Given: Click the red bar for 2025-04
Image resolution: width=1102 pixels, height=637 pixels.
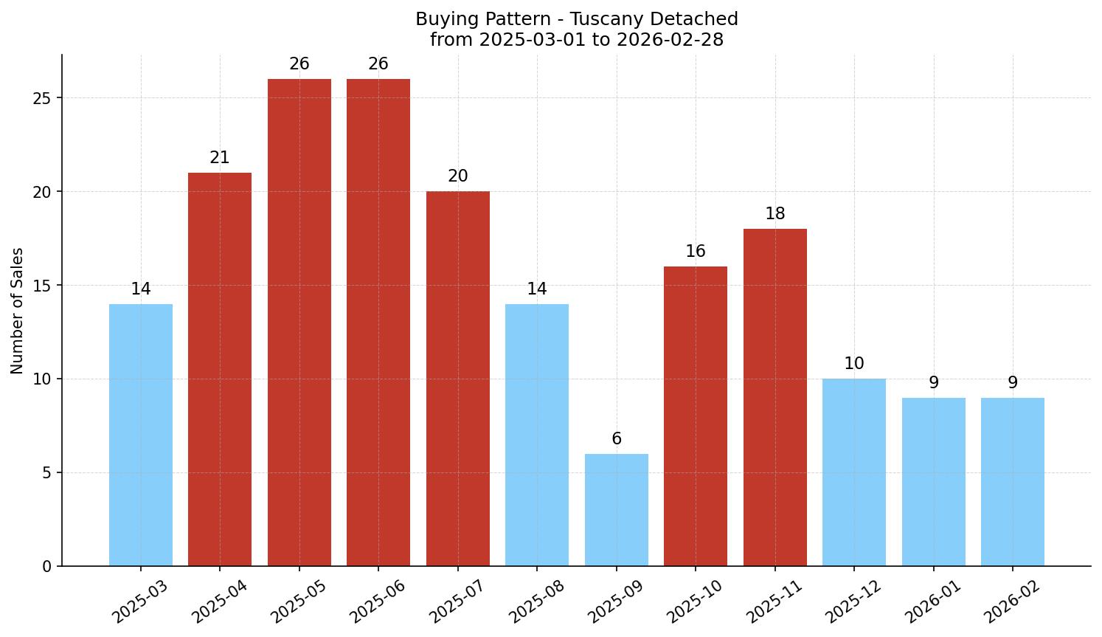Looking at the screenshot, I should point(220,369).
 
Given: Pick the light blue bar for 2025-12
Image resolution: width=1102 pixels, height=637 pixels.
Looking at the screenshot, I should point(854,472).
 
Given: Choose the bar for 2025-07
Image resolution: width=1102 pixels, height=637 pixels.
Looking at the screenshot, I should point(457,379).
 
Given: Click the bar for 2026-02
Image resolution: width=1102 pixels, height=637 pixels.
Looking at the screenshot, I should point(1013,481).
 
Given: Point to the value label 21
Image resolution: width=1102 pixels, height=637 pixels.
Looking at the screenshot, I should point(220,158).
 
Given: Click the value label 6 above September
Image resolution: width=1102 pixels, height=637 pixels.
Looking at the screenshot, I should point(617,439).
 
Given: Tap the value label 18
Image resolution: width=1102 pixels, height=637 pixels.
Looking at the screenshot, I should point(774,214).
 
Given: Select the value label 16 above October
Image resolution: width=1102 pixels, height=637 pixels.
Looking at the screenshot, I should point(696,252).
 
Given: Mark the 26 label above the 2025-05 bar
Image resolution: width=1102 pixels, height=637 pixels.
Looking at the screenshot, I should point(299,64).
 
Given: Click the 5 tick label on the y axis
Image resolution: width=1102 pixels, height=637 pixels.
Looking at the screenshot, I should point(46,473).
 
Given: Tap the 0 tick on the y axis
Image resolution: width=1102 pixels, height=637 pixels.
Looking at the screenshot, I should point(46,567).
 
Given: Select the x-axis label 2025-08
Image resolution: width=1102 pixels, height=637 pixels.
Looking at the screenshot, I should point(536,601).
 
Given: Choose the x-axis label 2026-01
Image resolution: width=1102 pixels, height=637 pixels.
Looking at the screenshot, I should point(933,601).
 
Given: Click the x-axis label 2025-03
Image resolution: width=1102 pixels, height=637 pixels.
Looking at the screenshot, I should point(140,601).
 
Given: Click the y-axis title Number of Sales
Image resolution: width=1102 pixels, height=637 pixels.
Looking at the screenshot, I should point(18,311).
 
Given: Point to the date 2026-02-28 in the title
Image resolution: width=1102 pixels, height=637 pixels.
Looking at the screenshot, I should point(670,40).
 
